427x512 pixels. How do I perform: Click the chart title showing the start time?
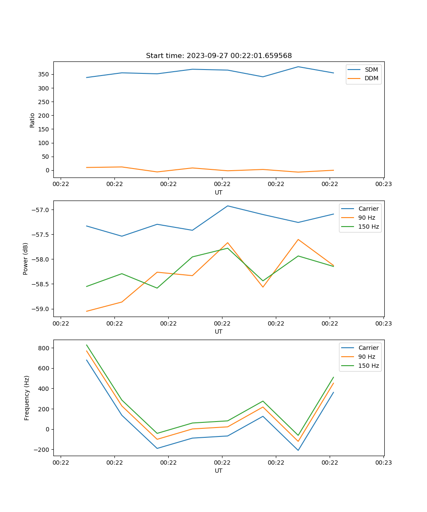pos(219,56)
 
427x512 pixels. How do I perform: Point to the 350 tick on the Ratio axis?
pos(44,74)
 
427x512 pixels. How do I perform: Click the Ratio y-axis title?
pos(32,120)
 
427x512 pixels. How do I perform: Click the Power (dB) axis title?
pos(26,259)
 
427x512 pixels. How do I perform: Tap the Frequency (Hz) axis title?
pos(27,398)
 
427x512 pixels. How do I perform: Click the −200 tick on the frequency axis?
pos(42,450)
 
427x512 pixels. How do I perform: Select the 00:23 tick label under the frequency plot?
pos(383,462)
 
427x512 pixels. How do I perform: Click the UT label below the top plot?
pos(219,192)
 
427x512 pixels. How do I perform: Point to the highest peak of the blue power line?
pos(228,206)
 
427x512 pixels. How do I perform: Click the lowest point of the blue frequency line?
pos(298,450)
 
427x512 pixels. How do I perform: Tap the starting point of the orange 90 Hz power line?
pos(87,311)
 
